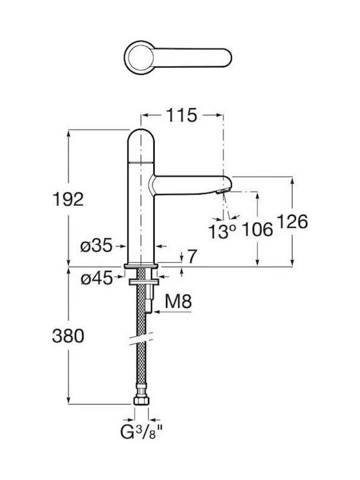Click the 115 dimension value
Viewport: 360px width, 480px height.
(181, 115)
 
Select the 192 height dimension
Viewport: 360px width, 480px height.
(68, 199)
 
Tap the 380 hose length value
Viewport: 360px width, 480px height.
(68, 336)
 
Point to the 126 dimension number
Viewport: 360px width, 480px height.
(293, 221)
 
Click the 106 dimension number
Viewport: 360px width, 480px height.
(257, 229)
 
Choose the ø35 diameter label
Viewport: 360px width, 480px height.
(97, 245)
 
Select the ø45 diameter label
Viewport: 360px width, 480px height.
(97, 279)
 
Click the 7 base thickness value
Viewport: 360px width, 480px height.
(191, 257)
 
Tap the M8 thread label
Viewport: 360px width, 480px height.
(179, 301)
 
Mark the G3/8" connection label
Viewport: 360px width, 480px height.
(141, 432)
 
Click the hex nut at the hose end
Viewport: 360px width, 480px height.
(141, 401)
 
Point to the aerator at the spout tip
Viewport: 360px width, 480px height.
(222, 191)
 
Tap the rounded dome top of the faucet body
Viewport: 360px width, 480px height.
(141, 145)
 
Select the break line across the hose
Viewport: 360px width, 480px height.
(141, 338)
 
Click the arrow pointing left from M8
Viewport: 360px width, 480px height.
(173, 312)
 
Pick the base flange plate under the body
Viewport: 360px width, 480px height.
(141, 265)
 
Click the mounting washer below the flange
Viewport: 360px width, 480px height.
(143, 281)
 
